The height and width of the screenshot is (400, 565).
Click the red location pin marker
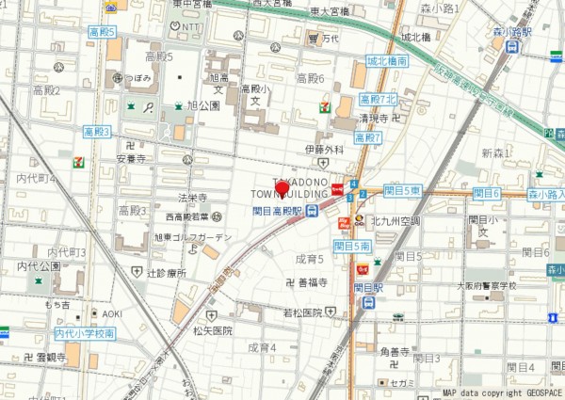[x=282, y=188]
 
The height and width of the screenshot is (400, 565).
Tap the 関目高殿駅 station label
[x=278, y=210]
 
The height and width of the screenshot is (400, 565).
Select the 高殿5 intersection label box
[x=102, y=32]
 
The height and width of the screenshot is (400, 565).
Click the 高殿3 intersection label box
[x=97, y=132]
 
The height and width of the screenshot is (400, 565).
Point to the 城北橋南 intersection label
[x=387, y=61]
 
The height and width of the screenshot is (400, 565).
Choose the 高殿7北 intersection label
[x=379, y=100]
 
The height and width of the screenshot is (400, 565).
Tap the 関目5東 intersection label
[x=403, y=191]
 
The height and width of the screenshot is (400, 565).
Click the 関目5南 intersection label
[x=350, y=246]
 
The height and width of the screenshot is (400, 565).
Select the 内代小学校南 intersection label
[x=85, y=333]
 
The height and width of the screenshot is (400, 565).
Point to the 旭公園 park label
[x=203, y=105]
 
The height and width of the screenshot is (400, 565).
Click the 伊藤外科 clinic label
[x=324, y=149]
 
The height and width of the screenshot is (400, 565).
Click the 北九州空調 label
[x=395, y=221]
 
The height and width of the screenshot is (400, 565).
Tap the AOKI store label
[x=113, y=312]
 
